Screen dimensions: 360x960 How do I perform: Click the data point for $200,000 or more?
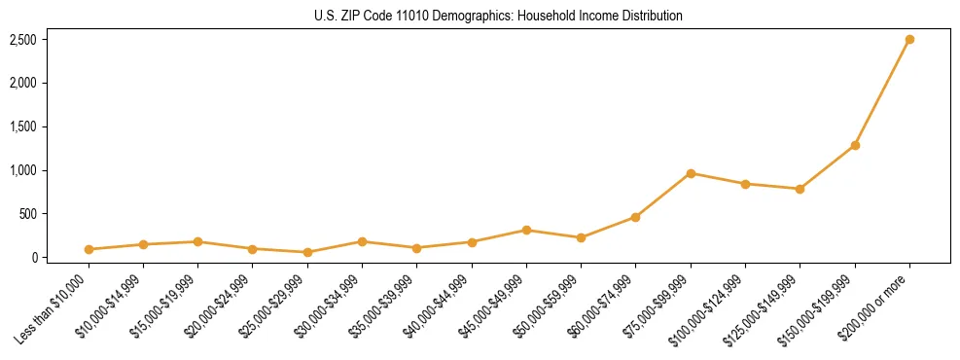coord(909,40)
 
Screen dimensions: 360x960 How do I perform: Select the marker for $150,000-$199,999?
coord(855,145)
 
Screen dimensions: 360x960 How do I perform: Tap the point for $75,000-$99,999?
coord(691,173)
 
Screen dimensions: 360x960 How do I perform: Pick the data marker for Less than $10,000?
coord(89,249)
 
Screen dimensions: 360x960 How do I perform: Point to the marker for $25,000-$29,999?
coord(307,252)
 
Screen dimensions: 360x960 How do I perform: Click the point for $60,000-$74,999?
coord(635,217)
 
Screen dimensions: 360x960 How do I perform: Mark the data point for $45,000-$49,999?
coord(526,230)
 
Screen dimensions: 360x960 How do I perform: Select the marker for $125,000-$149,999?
coord(800,189)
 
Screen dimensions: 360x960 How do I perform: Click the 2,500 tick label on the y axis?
coord(23,40)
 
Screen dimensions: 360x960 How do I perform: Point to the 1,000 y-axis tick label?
coord(23,170)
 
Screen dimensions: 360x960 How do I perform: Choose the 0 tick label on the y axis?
coord(33,258)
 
